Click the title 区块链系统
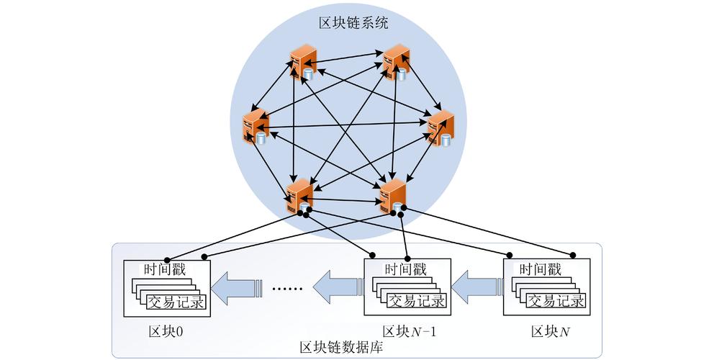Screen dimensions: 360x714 point(353,23)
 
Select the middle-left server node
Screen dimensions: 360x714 point(253,127)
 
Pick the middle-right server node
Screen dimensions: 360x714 point(440,127)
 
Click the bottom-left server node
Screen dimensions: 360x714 point(299,196)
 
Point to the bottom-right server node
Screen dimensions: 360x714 point(393,196)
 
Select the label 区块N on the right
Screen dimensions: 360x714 point(551,331)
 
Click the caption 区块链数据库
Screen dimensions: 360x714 point(340,348)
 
